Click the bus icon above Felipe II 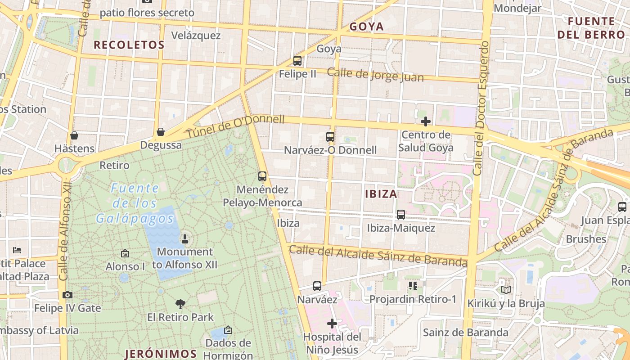[297, 60]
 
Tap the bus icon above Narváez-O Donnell [330, 136]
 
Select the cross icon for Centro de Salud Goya [425, 121]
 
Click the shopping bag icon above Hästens [74, 135]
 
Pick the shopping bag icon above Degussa [160, 132]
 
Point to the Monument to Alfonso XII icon [184, 238]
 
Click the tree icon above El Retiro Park [180, 304]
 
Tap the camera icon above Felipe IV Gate [67, 295]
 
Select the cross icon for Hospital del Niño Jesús [332, 323]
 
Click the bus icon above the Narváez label [317, 286]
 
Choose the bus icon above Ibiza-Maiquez [401, 215]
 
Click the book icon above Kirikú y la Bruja [506, 290]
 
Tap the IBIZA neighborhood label [381, 194]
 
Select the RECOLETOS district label [129, 45]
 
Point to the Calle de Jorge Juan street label [375, 75]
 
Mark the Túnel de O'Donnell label [235, 126]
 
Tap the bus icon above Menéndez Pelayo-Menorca [262, 176]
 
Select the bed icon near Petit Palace [17, 250]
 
